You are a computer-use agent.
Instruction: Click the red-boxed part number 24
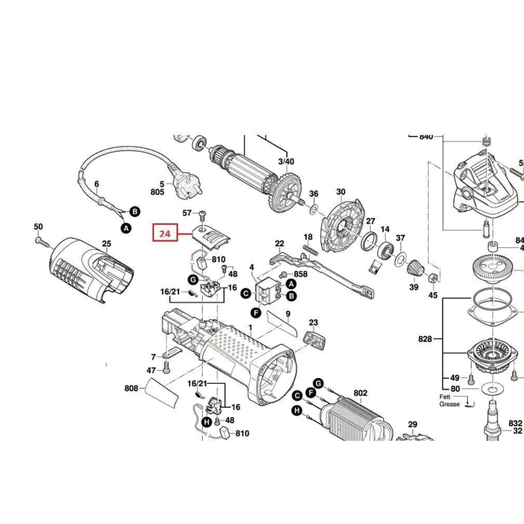pyautogui.click(x=165, y=233)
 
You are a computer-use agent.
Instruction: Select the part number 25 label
pyautogui.click(x=106, y=244)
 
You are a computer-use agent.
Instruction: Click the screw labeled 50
pyautogui.click(x=40, y=240)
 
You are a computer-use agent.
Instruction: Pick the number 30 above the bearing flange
pyautogui.click(x=341, y=192)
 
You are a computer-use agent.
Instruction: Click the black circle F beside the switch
pyautogui.click(x=255, y=313)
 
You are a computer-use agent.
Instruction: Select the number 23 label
pyautogui.click(x=313, y=322)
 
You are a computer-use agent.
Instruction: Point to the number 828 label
pyautogui.click(x=425, y=339)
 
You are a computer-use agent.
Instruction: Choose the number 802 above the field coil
pyautogui.click(x=361, y=393)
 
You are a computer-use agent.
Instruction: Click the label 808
pyautogui.click(x=132, y=389)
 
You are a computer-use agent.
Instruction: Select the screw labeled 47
pyautogui.click(x=166, y=366)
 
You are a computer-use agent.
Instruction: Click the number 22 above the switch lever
pyautogui.click(x=279, y=243)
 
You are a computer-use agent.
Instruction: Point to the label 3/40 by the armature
pyautogui.click(x=286, y=161)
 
